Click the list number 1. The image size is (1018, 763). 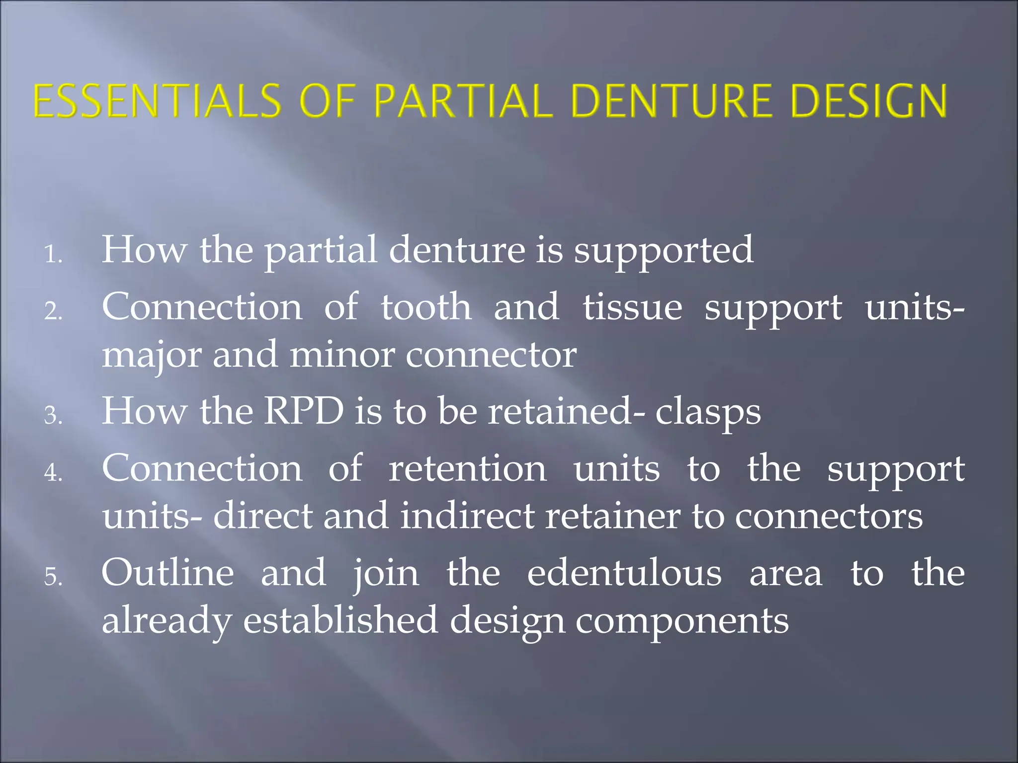[52, 255]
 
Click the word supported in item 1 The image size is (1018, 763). [664, 250]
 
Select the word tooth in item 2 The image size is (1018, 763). [426, 307]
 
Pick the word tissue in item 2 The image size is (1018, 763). [632, 307]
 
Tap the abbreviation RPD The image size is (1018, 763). [303, 411]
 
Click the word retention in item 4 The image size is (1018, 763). [467, 468]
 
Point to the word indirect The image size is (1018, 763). [467, 516]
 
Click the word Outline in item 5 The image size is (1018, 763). [168, 573]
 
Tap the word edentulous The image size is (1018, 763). [624, 573]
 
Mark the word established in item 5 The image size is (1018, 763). [340, 620]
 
